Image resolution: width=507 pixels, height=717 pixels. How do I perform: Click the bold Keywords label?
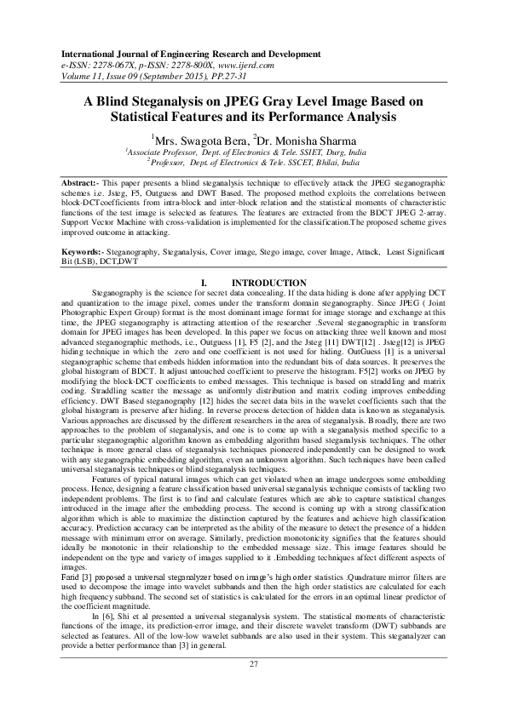(88, 252)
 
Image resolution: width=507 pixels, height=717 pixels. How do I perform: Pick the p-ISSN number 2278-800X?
(179, 63)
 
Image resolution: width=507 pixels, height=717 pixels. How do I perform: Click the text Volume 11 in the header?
(72, 73)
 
